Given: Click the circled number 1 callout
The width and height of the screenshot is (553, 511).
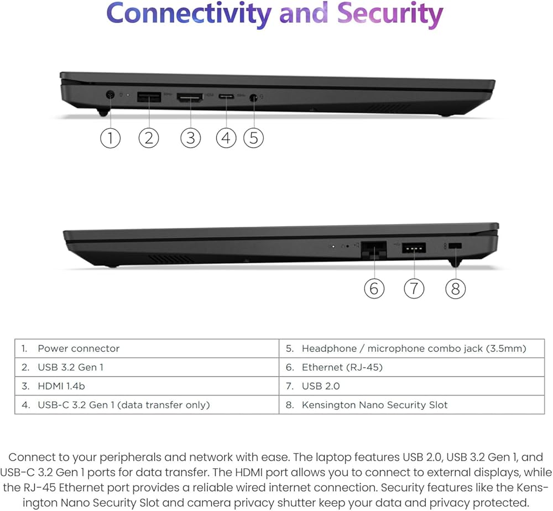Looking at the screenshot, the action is (110, 137).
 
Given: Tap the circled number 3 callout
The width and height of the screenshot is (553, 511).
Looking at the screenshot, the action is (190, 137).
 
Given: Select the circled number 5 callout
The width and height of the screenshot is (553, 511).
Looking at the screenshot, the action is (253, 137).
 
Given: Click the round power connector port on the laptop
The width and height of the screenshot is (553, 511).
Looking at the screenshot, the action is (110, 97).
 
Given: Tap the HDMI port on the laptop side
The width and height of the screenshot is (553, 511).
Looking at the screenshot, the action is (190, 98).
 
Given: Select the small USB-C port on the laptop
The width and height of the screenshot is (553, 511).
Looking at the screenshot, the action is (226, 97).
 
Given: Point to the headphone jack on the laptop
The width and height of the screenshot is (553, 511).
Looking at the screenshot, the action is (254, 98).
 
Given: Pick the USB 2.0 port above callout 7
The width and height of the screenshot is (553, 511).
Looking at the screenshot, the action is (414, 248).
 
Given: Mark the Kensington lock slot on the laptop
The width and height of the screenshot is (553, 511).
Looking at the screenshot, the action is (455, 247).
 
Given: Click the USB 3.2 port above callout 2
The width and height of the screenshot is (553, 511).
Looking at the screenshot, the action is (148, 98).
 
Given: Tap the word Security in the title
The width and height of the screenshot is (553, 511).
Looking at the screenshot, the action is (390, 14).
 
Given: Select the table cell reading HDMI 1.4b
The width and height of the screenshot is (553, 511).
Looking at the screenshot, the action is (147, 386).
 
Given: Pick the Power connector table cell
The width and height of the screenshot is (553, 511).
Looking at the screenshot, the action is (147, 348).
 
